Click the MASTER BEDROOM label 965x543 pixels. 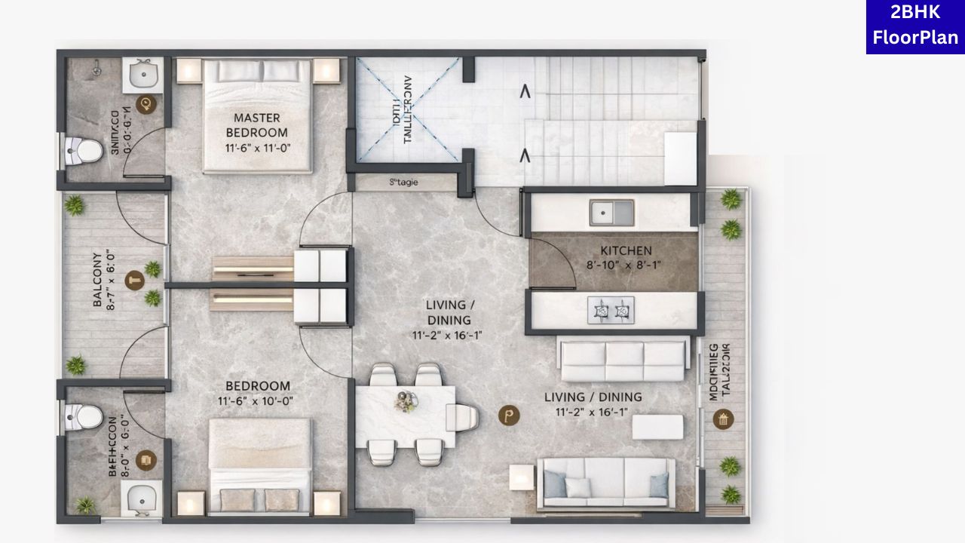[256, 125]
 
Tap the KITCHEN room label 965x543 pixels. [626, 250]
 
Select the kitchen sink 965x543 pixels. [611, 212]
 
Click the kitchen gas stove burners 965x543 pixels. [611, 310]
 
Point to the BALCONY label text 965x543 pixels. [98, 279]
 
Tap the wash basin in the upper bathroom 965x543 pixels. [142, 74]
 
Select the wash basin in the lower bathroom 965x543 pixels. [142, 499]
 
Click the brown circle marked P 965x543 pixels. [510, 414]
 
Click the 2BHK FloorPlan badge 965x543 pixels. [915, 27]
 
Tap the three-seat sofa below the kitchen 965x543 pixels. [623, 360]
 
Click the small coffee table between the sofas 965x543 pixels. [657, 427]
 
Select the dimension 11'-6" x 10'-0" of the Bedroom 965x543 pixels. [255, 401]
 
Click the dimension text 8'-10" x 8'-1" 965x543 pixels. [626, 265]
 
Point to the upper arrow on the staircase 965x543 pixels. [525, 93]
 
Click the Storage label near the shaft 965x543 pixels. [403, 182]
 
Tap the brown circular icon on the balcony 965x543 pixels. [135, 281]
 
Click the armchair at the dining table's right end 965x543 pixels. [462, 416]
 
